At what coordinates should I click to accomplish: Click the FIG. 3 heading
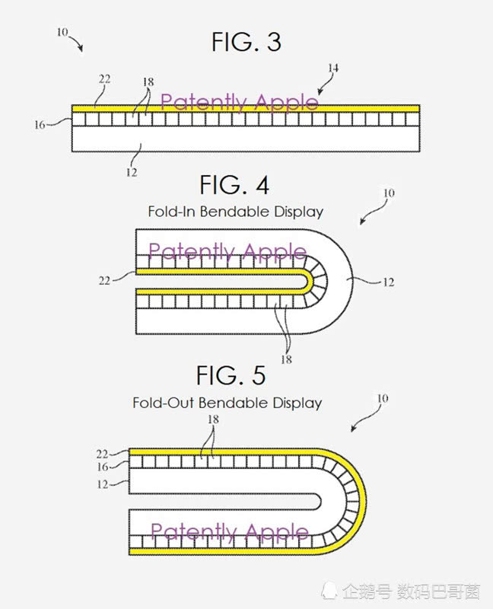pyautogui.click(x=246, y=43)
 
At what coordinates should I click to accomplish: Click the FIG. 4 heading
pyautogui.click(x=234, y=185)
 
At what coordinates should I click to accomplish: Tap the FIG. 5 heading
pyautogui.click(x=231, y=375)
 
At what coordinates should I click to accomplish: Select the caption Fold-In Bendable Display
pyautogui.click(x=234, y=212)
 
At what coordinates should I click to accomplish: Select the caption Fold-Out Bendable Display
pyautogui.click(x=227, y=403)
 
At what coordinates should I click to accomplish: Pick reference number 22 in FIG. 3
pyautogui.click(x=104, y=78)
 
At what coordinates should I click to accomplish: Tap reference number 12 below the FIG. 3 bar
pyautogui.click(x=131, y=172)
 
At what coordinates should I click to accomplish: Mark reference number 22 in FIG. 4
pyautogui.click(x=104, y=280)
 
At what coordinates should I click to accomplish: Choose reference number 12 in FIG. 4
pyautogui.click(x=387, y=282)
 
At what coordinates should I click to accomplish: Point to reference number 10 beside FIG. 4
pyautogui.click(x=388, y=193)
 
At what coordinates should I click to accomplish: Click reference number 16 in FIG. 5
pyautogui.click(x=103, y=467)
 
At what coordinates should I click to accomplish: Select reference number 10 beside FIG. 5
pyautogui.click(x=383, y=399)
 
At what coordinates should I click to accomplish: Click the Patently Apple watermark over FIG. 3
pyautogui.click(x=240, y=102)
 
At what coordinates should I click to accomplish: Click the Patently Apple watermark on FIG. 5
pyautogui.click(x=229, y=531)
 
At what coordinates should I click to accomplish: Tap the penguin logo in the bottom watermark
pyautogui.click(x=330, y=590)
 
